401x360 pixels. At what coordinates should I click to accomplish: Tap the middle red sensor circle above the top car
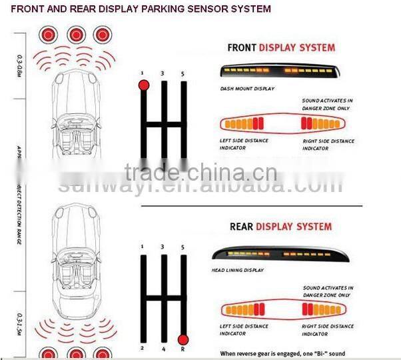pyautogui.click(x=77, y=33)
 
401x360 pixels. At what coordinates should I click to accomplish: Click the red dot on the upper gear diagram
pyautogui.click(x=144, y=85)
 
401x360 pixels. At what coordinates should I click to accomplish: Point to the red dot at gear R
pyautogui.click(x=183, y=339)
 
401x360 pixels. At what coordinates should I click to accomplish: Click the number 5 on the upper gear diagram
pyautogui.click(x=183, y=73)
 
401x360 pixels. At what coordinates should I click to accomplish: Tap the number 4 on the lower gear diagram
pyautogui.click(x=163, y=348)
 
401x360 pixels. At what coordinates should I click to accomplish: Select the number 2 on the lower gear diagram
pyautogui.click(x=143, y=348)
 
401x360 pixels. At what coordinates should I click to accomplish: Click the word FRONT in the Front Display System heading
pyautogui.click(x=242, y=48)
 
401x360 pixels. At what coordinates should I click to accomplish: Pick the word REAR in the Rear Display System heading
pyautogui.click(x=242, y=227)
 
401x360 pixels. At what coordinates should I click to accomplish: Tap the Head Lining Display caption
pyautogui.click(x=238, y=271)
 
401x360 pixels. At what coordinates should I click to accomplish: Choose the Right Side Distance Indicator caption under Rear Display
pyautogui.click(x=328, y=329)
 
